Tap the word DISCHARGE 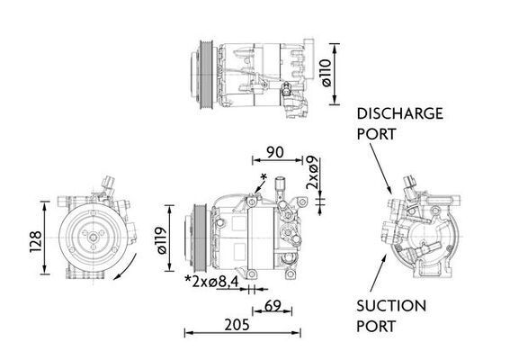400,113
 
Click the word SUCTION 389,306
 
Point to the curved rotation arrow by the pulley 130,266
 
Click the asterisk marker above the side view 264,175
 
